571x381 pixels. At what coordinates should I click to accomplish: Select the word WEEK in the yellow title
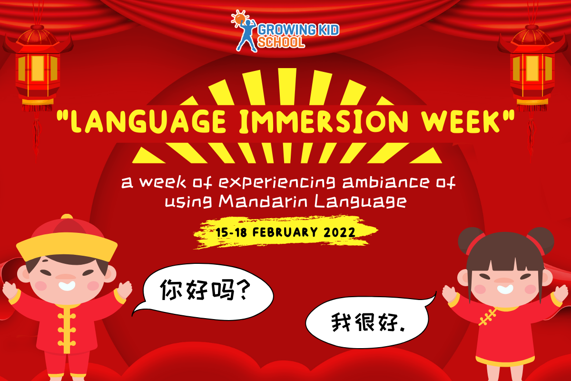click(460, 121)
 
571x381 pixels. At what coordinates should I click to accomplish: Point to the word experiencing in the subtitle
click(277, 182)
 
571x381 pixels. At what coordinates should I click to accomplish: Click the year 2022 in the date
click(339, 232)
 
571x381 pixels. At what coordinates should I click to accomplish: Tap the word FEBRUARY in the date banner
click(285, 232)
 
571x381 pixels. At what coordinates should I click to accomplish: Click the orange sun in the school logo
click(240, 19)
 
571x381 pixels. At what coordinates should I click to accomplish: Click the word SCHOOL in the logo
click(281, 42)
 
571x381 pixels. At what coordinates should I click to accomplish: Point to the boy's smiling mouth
click(67, 286)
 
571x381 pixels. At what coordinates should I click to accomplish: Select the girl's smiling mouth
click(505, 290)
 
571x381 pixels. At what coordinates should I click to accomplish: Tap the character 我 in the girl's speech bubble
click(341, 322)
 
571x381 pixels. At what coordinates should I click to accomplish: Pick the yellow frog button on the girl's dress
click(487, 316)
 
